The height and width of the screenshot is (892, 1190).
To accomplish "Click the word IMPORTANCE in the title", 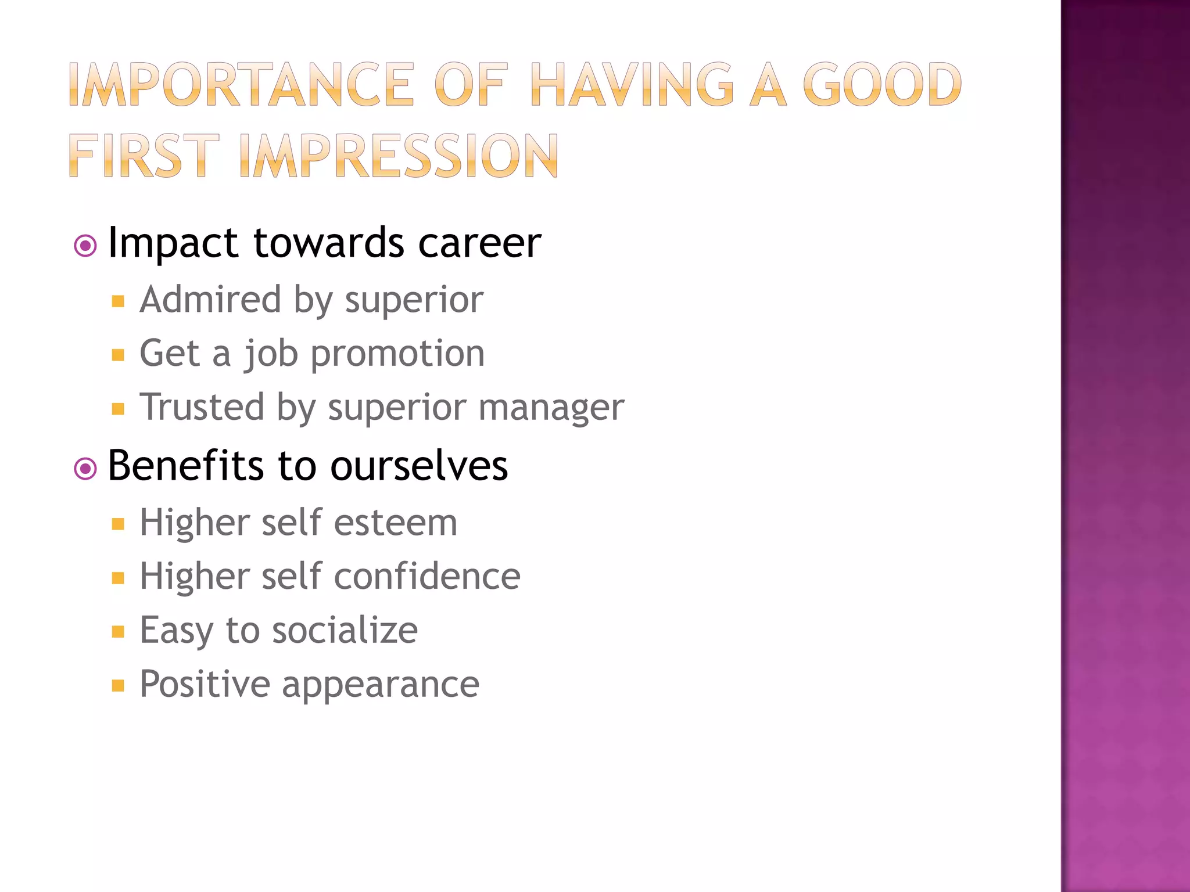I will pos(241,85).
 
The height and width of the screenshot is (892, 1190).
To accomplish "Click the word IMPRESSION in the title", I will pos(398,156).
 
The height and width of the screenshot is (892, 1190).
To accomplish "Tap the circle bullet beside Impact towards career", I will pos(85,246).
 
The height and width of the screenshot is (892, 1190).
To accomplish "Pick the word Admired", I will pos(210,300).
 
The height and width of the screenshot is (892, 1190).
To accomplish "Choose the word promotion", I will pos(397,354).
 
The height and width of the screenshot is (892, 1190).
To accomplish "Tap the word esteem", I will pos(395,522).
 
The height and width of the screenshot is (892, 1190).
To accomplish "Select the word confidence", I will pos(427,576).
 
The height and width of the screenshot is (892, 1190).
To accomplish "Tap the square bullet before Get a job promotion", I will pos(118,355).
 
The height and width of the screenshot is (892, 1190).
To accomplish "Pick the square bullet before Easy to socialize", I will pos(118,631).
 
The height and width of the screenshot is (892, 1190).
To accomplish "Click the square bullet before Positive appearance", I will pos(118,686).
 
